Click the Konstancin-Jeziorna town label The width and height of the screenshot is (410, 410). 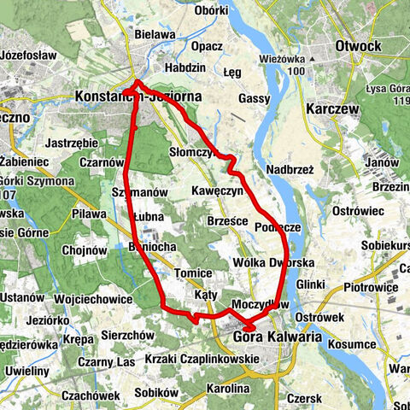(x=139, y=97)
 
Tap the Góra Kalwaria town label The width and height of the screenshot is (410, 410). (x=277, y=337)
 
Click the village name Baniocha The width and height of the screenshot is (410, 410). (x=127, y=247)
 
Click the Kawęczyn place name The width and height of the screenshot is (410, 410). (x=218, y=189)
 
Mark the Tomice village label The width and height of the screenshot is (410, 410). (x=191, y=272)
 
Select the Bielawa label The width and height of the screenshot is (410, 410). (x=154, y=35)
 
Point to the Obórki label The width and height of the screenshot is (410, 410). (x=212, y=10)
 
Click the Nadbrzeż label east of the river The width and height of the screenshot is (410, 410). (x=290, y=170)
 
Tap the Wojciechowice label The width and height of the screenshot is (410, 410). (x=92, y=299)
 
